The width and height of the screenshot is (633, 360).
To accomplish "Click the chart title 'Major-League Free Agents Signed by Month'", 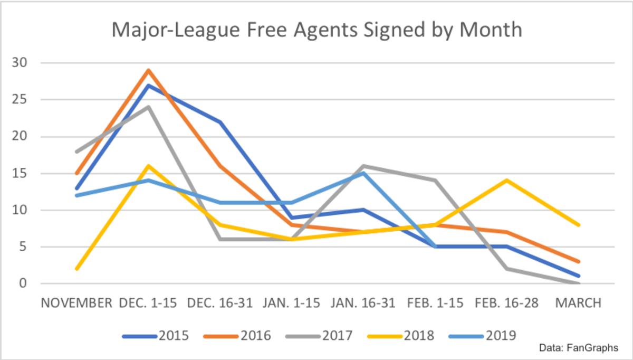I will coord(316,30).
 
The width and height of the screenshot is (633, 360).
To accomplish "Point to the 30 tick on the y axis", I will coord(19,63).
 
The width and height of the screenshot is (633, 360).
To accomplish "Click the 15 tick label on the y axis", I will coord(19,173).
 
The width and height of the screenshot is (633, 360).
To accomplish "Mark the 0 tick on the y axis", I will coord(22,283).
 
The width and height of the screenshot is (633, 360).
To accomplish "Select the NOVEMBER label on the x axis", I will coord(76,303).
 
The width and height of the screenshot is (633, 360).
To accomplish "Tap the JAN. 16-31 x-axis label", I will coord(363,303).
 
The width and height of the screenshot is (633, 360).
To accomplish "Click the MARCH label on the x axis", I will coord(578,303).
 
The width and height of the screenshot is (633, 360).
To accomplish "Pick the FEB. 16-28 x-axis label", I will coord(507,303).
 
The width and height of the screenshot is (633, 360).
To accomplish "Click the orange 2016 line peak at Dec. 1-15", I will coord(149,70).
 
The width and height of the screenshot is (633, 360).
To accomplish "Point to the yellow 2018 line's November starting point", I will coord(77,269).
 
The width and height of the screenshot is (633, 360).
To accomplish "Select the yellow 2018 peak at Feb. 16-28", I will coord(507,181).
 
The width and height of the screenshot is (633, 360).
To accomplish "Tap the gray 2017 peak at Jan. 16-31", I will coord(363,166).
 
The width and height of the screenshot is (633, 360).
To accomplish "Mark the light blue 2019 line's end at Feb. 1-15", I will coord(435,247).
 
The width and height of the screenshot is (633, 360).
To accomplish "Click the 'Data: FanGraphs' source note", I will coord(578,348).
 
